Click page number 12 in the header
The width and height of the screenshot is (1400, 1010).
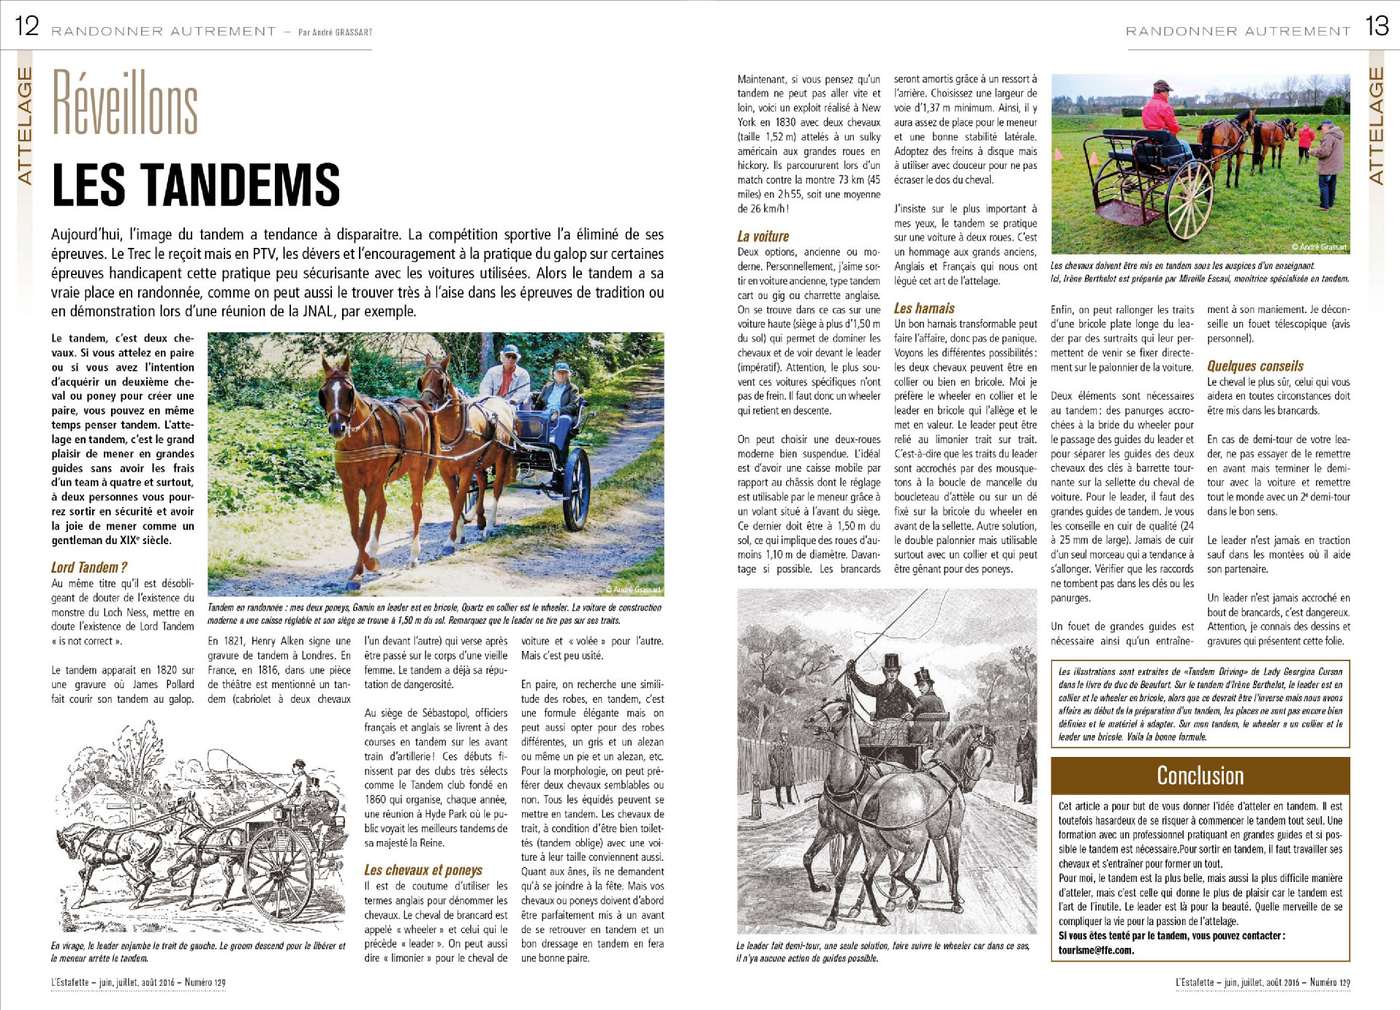(x=27, y=26)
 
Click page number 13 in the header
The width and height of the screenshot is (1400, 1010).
(x=1377, y=26)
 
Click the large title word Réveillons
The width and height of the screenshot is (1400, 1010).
(x=125, y=104)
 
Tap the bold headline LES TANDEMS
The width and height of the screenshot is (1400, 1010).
(x=196, y=185)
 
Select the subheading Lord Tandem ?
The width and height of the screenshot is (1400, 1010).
(x=89, y=568)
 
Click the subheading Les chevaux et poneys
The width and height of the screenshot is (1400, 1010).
(x=423, y=870)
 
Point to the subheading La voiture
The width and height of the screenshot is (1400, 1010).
(x=763, y=236)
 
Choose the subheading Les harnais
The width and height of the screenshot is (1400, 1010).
(x=924, y=309)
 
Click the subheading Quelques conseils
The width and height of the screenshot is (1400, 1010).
(x=1255, y=366)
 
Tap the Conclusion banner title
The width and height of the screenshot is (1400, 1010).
(x=1200, y=775)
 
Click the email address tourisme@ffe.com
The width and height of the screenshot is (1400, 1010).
(x=1095, y=950)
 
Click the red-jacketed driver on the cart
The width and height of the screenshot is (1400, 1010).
(x=1160, y=117)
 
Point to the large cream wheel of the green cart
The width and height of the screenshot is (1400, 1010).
(x=1189, y=200)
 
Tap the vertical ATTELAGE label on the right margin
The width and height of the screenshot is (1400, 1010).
(x=1376, y=125)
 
